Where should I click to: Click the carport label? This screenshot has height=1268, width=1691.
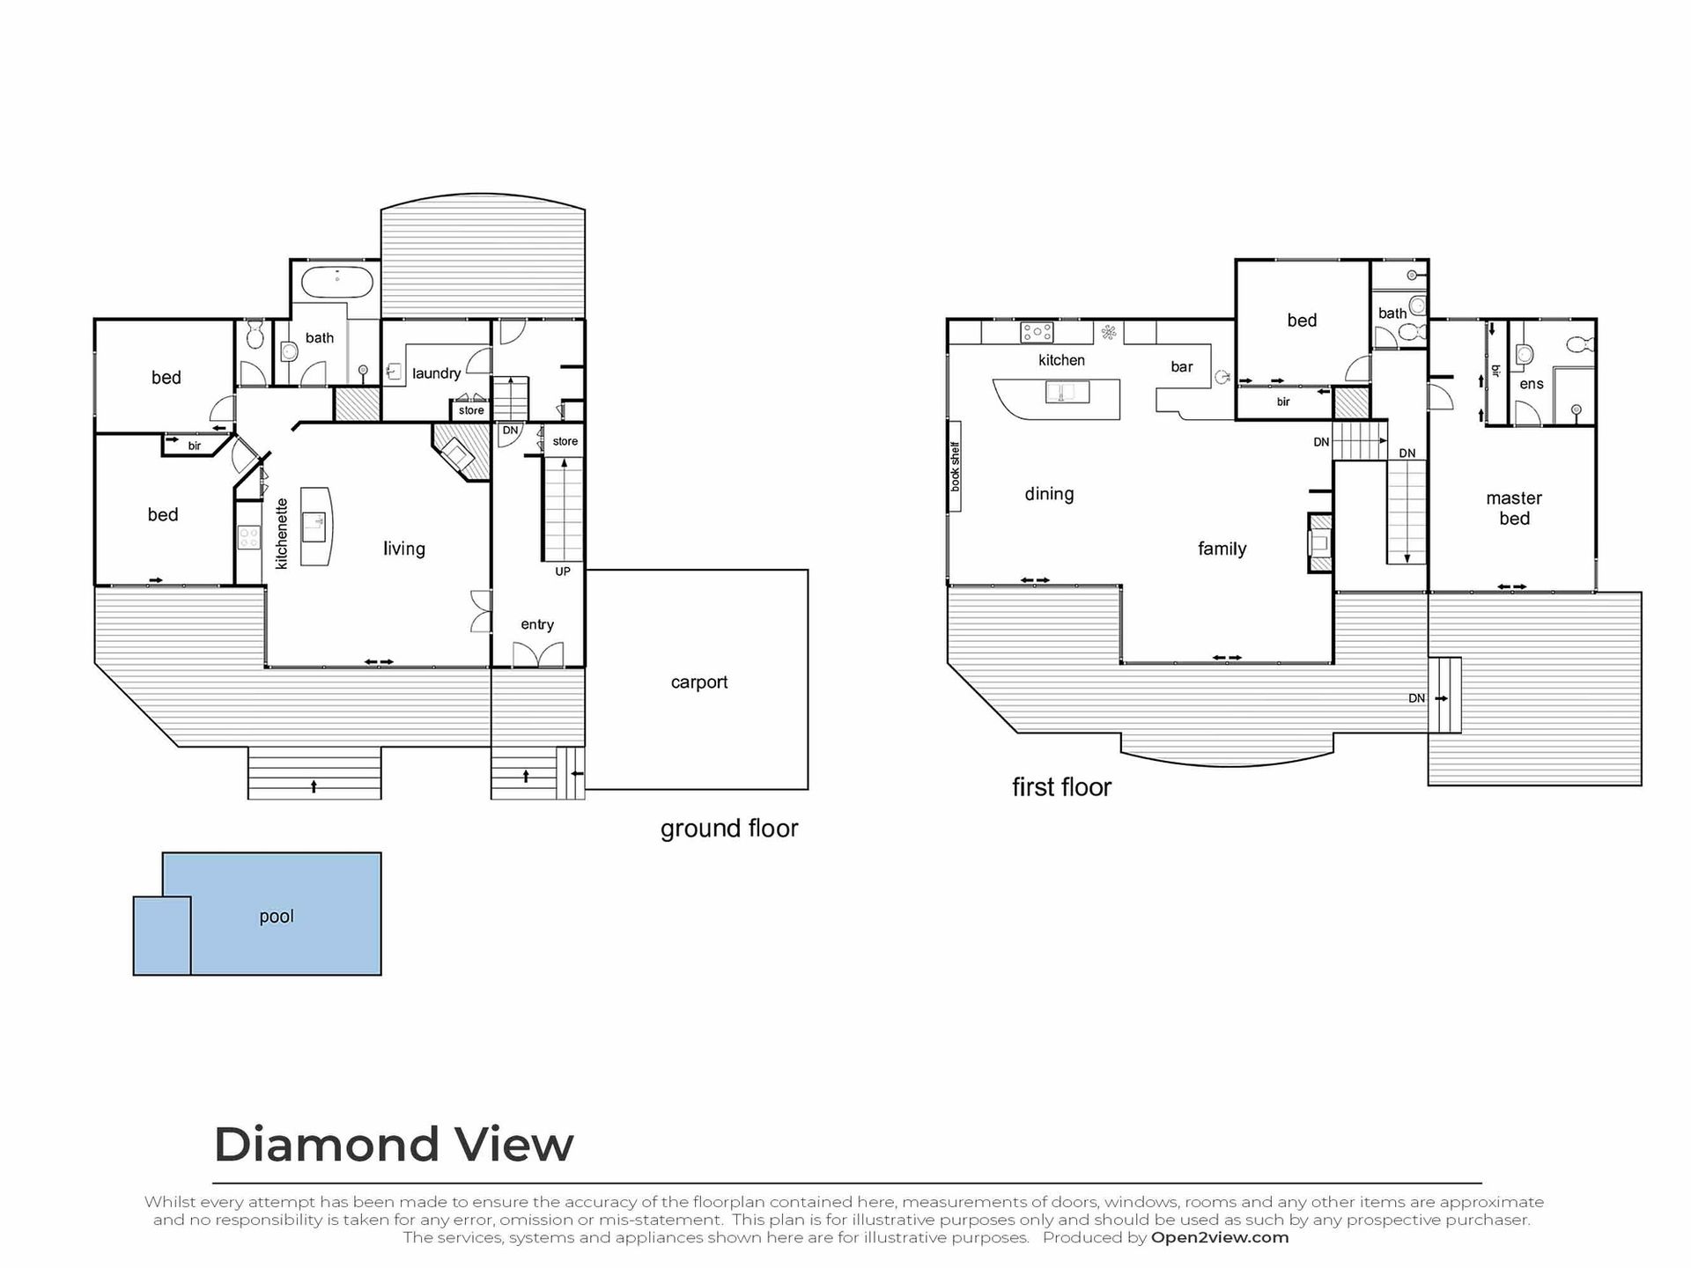point(699,682)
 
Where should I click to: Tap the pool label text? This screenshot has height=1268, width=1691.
point(277,917)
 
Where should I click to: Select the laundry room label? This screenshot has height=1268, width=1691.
point(437,373)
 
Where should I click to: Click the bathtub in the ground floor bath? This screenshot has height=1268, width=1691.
point(337,283)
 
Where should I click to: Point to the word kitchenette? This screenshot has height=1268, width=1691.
point(282,534)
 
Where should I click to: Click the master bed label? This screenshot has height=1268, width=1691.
point(1514,508)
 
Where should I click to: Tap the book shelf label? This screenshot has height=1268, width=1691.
point(955,467)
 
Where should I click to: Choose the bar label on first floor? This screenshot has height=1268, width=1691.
point(1182,367)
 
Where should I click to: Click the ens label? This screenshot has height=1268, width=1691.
point(1532,384)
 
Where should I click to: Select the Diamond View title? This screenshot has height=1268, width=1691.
point(394,1145)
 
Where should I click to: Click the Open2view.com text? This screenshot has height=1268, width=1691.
point(1220,1237)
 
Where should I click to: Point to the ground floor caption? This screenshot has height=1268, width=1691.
point(729,829)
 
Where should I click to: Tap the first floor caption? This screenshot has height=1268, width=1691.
point(1061,787)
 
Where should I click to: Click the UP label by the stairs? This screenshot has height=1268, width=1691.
point(563,571)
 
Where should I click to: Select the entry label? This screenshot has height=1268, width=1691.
point(537,625)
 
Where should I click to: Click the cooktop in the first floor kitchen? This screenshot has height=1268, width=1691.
point(1037,333)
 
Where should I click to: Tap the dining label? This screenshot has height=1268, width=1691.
point(1049,494)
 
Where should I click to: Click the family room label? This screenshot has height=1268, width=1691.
point(1222,549)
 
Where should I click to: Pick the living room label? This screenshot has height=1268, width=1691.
point(404,549)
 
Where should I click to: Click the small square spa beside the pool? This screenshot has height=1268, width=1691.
point(162,936)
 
